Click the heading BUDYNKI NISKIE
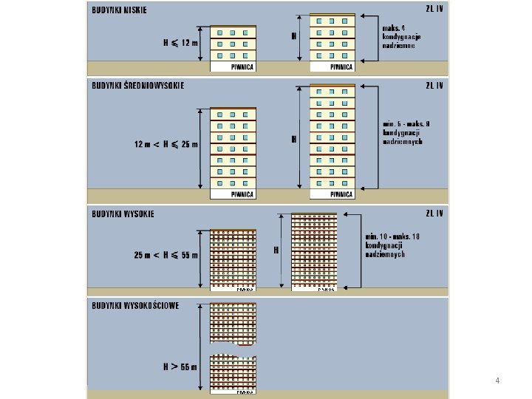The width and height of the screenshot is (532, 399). point(120,10)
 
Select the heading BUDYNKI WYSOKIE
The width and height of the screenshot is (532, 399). point(123,214)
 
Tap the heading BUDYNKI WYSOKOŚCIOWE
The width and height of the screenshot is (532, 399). point(135,305)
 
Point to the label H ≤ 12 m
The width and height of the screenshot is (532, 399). point(181,43)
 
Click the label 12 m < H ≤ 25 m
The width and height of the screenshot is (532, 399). point(166,144)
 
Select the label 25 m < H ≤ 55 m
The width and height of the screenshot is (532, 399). point(166,255)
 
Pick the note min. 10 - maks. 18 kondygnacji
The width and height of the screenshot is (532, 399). point(392,245)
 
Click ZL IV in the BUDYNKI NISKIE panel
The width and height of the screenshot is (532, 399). point(434,10)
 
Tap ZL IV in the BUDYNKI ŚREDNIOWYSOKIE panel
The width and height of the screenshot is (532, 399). point(434,85)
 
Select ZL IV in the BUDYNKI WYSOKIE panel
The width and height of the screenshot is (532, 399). point(434,214)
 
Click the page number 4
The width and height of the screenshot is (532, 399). point(498,381)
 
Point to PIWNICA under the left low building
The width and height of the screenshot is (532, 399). point(242,66)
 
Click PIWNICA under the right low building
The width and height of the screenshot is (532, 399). point(341,66)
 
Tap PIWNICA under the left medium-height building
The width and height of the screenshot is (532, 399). point(242,194)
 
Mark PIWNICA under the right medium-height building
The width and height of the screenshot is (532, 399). point(341,194)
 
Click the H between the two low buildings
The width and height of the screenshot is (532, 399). point(294,35)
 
